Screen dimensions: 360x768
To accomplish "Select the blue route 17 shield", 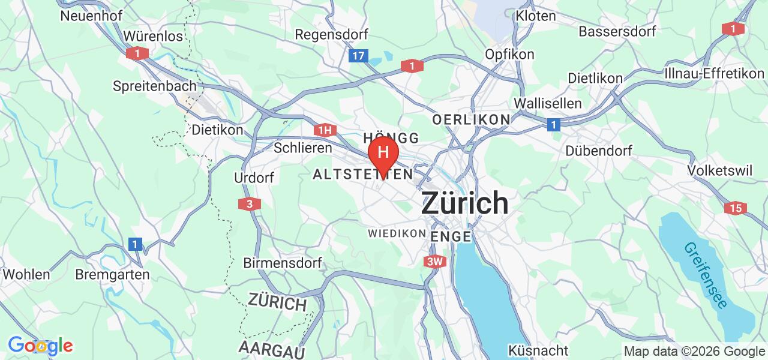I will [x=358, y=56].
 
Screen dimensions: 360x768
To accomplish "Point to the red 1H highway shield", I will [x=324, y=130].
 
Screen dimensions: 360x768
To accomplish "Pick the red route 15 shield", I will [x=735, y=208].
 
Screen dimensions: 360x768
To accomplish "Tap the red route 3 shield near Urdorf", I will [x=249, y=204].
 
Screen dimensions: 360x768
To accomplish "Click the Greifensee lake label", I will [x=705, y=275].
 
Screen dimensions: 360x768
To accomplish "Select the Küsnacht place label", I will [x=538, y=350].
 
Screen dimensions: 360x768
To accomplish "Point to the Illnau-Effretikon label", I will [x=714, y=73].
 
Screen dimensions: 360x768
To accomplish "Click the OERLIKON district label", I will [x=471, y=119].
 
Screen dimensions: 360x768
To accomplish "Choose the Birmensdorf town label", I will [x=283, y=263].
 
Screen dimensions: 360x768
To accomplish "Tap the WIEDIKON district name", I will [x=397, y=233].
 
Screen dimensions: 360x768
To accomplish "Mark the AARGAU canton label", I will [x=272, y=348].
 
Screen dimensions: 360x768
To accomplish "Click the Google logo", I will [x=40, y=346].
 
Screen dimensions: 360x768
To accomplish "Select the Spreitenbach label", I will [x=155, y=86].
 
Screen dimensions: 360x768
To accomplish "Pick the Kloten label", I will [x=536, y=16].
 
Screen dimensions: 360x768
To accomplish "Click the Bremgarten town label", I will [x=112, y=275].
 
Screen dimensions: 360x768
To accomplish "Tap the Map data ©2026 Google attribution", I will [x=694, y=352].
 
